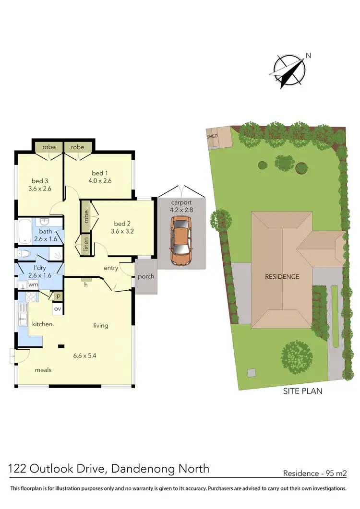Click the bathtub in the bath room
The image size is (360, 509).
[x=26, y=233]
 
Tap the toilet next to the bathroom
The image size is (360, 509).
[x=24, y=254]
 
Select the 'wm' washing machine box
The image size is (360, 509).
[x=33, y=284]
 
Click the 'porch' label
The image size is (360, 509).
[x=146, y=276]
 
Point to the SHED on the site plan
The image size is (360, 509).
[x=213, y=136]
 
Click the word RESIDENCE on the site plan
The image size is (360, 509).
[x=283, y=276]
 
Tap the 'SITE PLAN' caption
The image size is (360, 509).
[x=301, y=391]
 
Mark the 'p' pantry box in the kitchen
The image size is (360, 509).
[x=58, y=296]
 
